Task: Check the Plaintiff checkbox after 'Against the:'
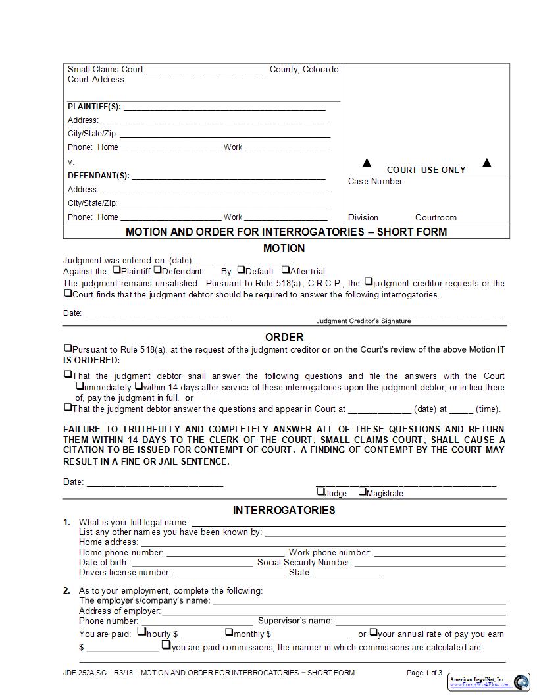tap(116, 269)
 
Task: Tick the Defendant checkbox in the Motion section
tap(157, 269)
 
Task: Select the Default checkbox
tap(241, 269)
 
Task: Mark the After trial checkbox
tap(286, 269)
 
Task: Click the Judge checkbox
tap(320, 491)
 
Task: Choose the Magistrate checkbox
tap(362, 491)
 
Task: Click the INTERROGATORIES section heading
tap(284, 510)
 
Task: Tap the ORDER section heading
tap(284, 337)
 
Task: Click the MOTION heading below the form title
tap(284, 248)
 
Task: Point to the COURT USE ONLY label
tap(426, 170)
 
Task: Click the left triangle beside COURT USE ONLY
tap(367, 163)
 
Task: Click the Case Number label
tap(376, 182)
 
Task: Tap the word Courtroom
tap(436, 217)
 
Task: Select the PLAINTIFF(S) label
tap(94, 107)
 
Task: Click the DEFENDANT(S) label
tap(98, 176)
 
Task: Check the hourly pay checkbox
tap(141, 632)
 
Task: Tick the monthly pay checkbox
tap(229, 632)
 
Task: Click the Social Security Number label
tap(304, 563)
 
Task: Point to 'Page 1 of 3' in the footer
tap(424, 673)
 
